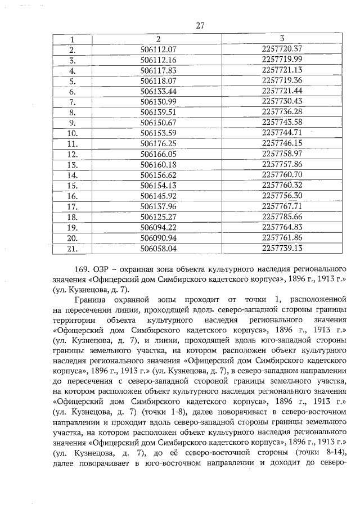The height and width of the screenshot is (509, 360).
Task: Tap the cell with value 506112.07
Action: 158,49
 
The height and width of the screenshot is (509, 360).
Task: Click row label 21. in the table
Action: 72,247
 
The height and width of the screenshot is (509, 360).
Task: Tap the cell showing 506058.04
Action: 158,247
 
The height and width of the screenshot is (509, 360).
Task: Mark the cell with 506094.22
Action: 158,227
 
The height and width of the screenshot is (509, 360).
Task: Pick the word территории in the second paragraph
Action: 75,322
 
